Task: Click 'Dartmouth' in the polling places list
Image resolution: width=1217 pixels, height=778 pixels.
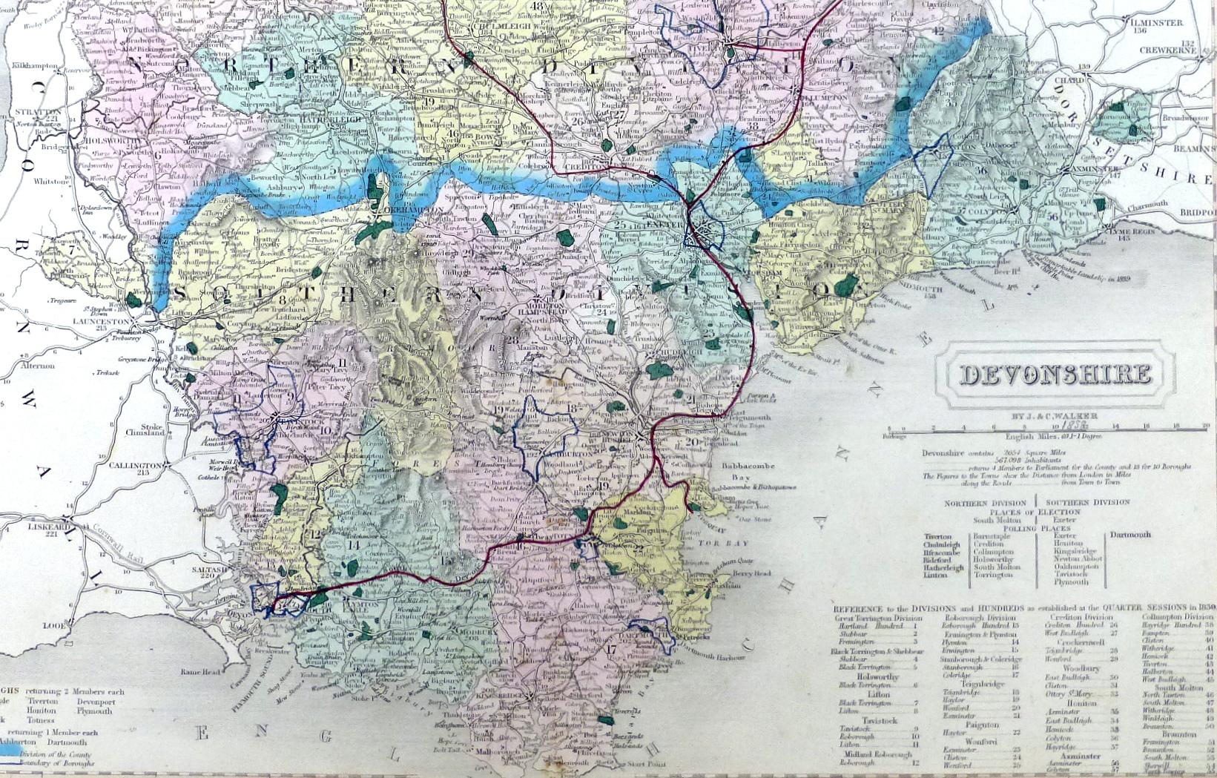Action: point(1130,534)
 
